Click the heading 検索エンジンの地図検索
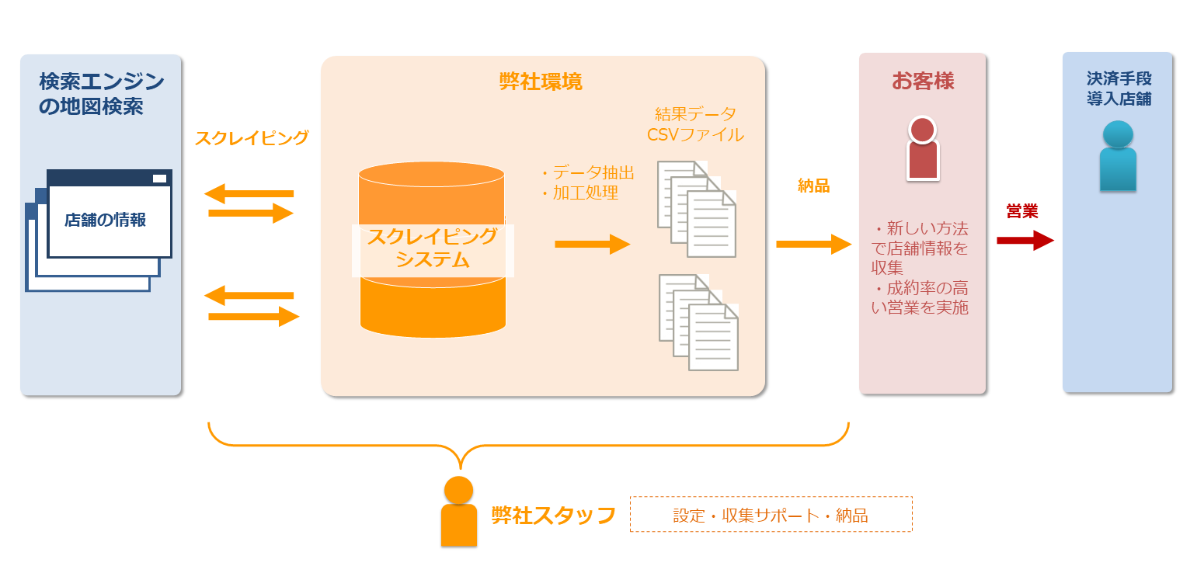coord(101,93)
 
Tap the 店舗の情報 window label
coord(105,220)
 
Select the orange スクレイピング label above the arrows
coord(251,138)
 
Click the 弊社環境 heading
coord(541,82)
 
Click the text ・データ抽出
coord(587,172)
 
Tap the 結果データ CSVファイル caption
coord(695,124)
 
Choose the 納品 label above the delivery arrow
coord(813,186)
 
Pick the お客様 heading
coord(923,81)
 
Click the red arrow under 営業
coord(1025,240)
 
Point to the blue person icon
coord(1118,155)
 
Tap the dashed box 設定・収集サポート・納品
coord(771,515)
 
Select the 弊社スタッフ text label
coord(553,515)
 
